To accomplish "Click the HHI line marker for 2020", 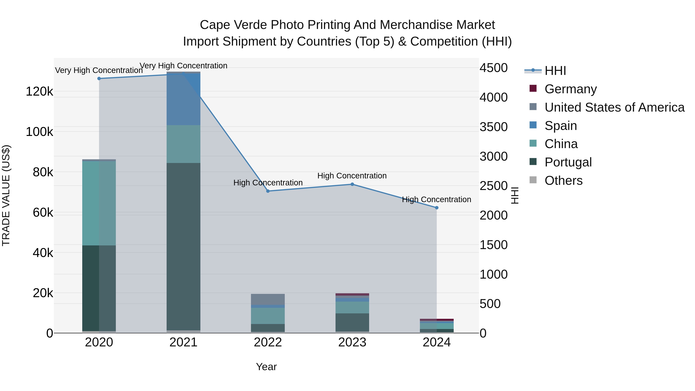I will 99,79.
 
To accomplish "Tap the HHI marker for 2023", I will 352,184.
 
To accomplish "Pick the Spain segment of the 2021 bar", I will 183,99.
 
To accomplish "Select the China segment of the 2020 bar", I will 99,203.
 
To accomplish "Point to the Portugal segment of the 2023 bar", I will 352,322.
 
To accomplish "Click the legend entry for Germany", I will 570,89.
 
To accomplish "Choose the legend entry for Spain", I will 560,126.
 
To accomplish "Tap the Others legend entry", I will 563,181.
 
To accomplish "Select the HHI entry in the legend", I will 555,71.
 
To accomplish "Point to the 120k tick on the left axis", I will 39,92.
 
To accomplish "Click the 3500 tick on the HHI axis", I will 493,127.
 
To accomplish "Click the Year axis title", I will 266,367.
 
